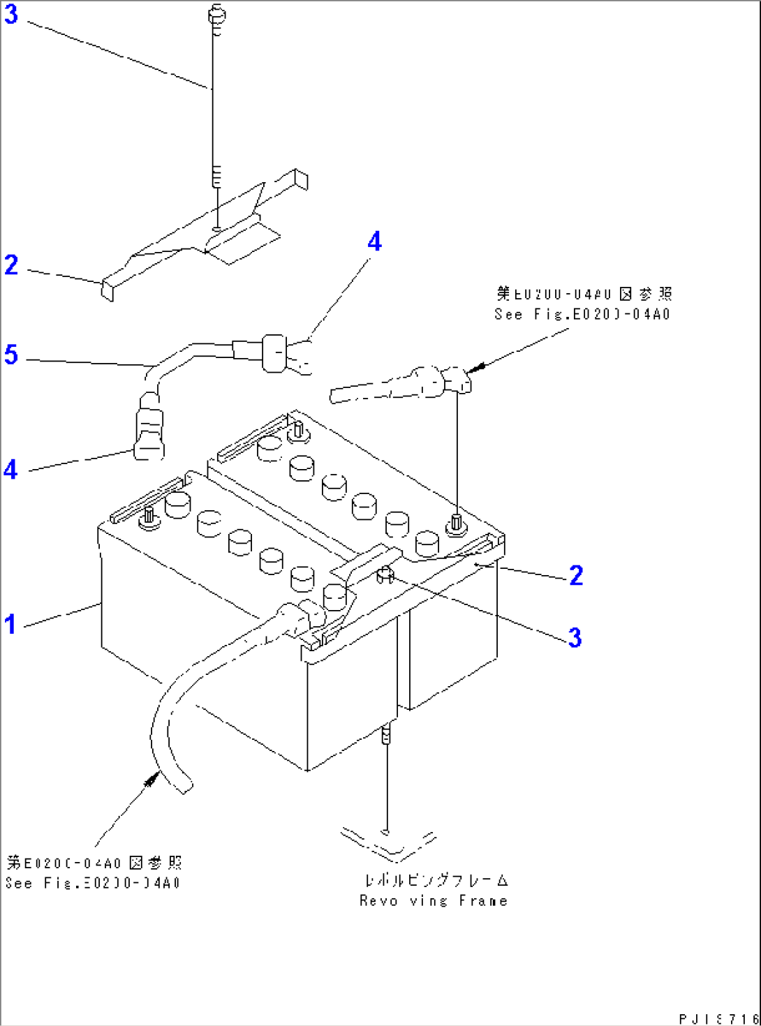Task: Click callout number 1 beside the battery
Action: [10, 623]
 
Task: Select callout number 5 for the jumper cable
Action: [10, 355]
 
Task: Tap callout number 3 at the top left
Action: [10, 14]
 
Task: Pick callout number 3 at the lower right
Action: [575, 637]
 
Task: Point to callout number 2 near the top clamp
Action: [10, 265]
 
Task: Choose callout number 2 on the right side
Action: [576, 575]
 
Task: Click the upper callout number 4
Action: [375, 241]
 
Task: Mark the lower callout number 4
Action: [10, 469]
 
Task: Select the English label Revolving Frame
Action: [433, 901]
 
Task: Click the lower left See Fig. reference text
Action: [93, 883]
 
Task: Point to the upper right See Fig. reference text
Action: [582, 314]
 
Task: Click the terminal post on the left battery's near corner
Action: [149, 517]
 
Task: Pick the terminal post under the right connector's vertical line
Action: [457, 522]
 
